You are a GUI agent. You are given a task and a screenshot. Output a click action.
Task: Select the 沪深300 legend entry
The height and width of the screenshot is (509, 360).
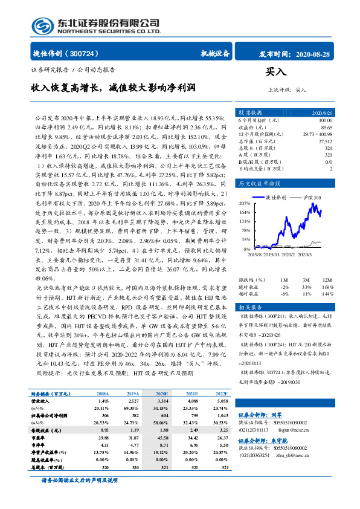[x=313, y=197]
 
